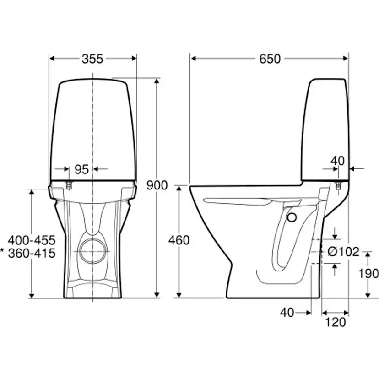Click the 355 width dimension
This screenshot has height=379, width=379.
(92, 59)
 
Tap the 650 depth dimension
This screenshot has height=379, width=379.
(270, 59)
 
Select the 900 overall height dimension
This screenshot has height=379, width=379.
(157, 185)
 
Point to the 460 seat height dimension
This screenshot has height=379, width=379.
(179, 240)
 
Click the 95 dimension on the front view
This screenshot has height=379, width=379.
(81, 169)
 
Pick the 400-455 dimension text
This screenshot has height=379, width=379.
(32, 240)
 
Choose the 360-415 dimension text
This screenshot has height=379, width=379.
(32, 253)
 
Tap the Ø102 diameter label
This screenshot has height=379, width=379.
(343, 252)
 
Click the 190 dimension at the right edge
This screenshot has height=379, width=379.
(368, 274)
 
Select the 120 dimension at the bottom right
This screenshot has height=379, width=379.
(336, 322)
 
